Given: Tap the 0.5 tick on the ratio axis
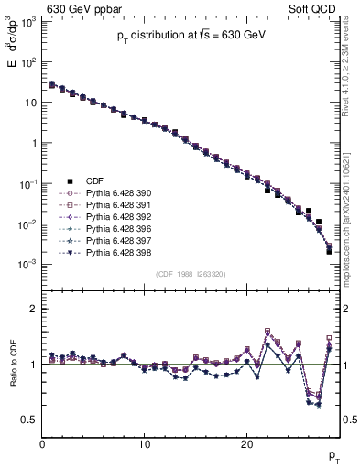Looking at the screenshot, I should pos(30,420).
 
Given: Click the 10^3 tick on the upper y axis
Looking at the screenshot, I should pos(27,22).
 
